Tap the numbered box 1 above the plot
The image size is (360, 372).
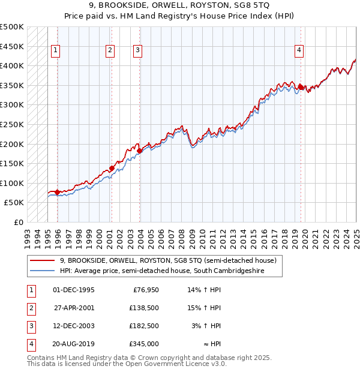point(55,51)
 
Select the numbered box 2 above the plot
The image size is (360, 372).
point(110,51)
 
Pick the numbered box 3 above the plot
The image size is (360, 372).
point(137,51)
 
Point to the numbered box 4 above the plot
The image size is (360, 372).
point(299,51)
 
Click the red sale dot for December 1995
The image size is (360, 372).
point(57,192)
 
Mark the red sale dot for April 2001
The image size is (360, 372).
point(112,168)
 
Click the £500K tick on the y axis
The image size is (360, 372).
point(11,27)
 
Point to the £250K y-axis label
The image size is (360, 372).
point(11,124)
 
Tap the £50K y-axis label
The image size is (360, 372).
point(14,203)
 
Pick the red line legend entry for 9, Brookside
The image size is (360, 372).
point(168,261)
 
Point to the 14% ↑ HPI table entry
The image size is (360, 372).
point(205,290)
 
